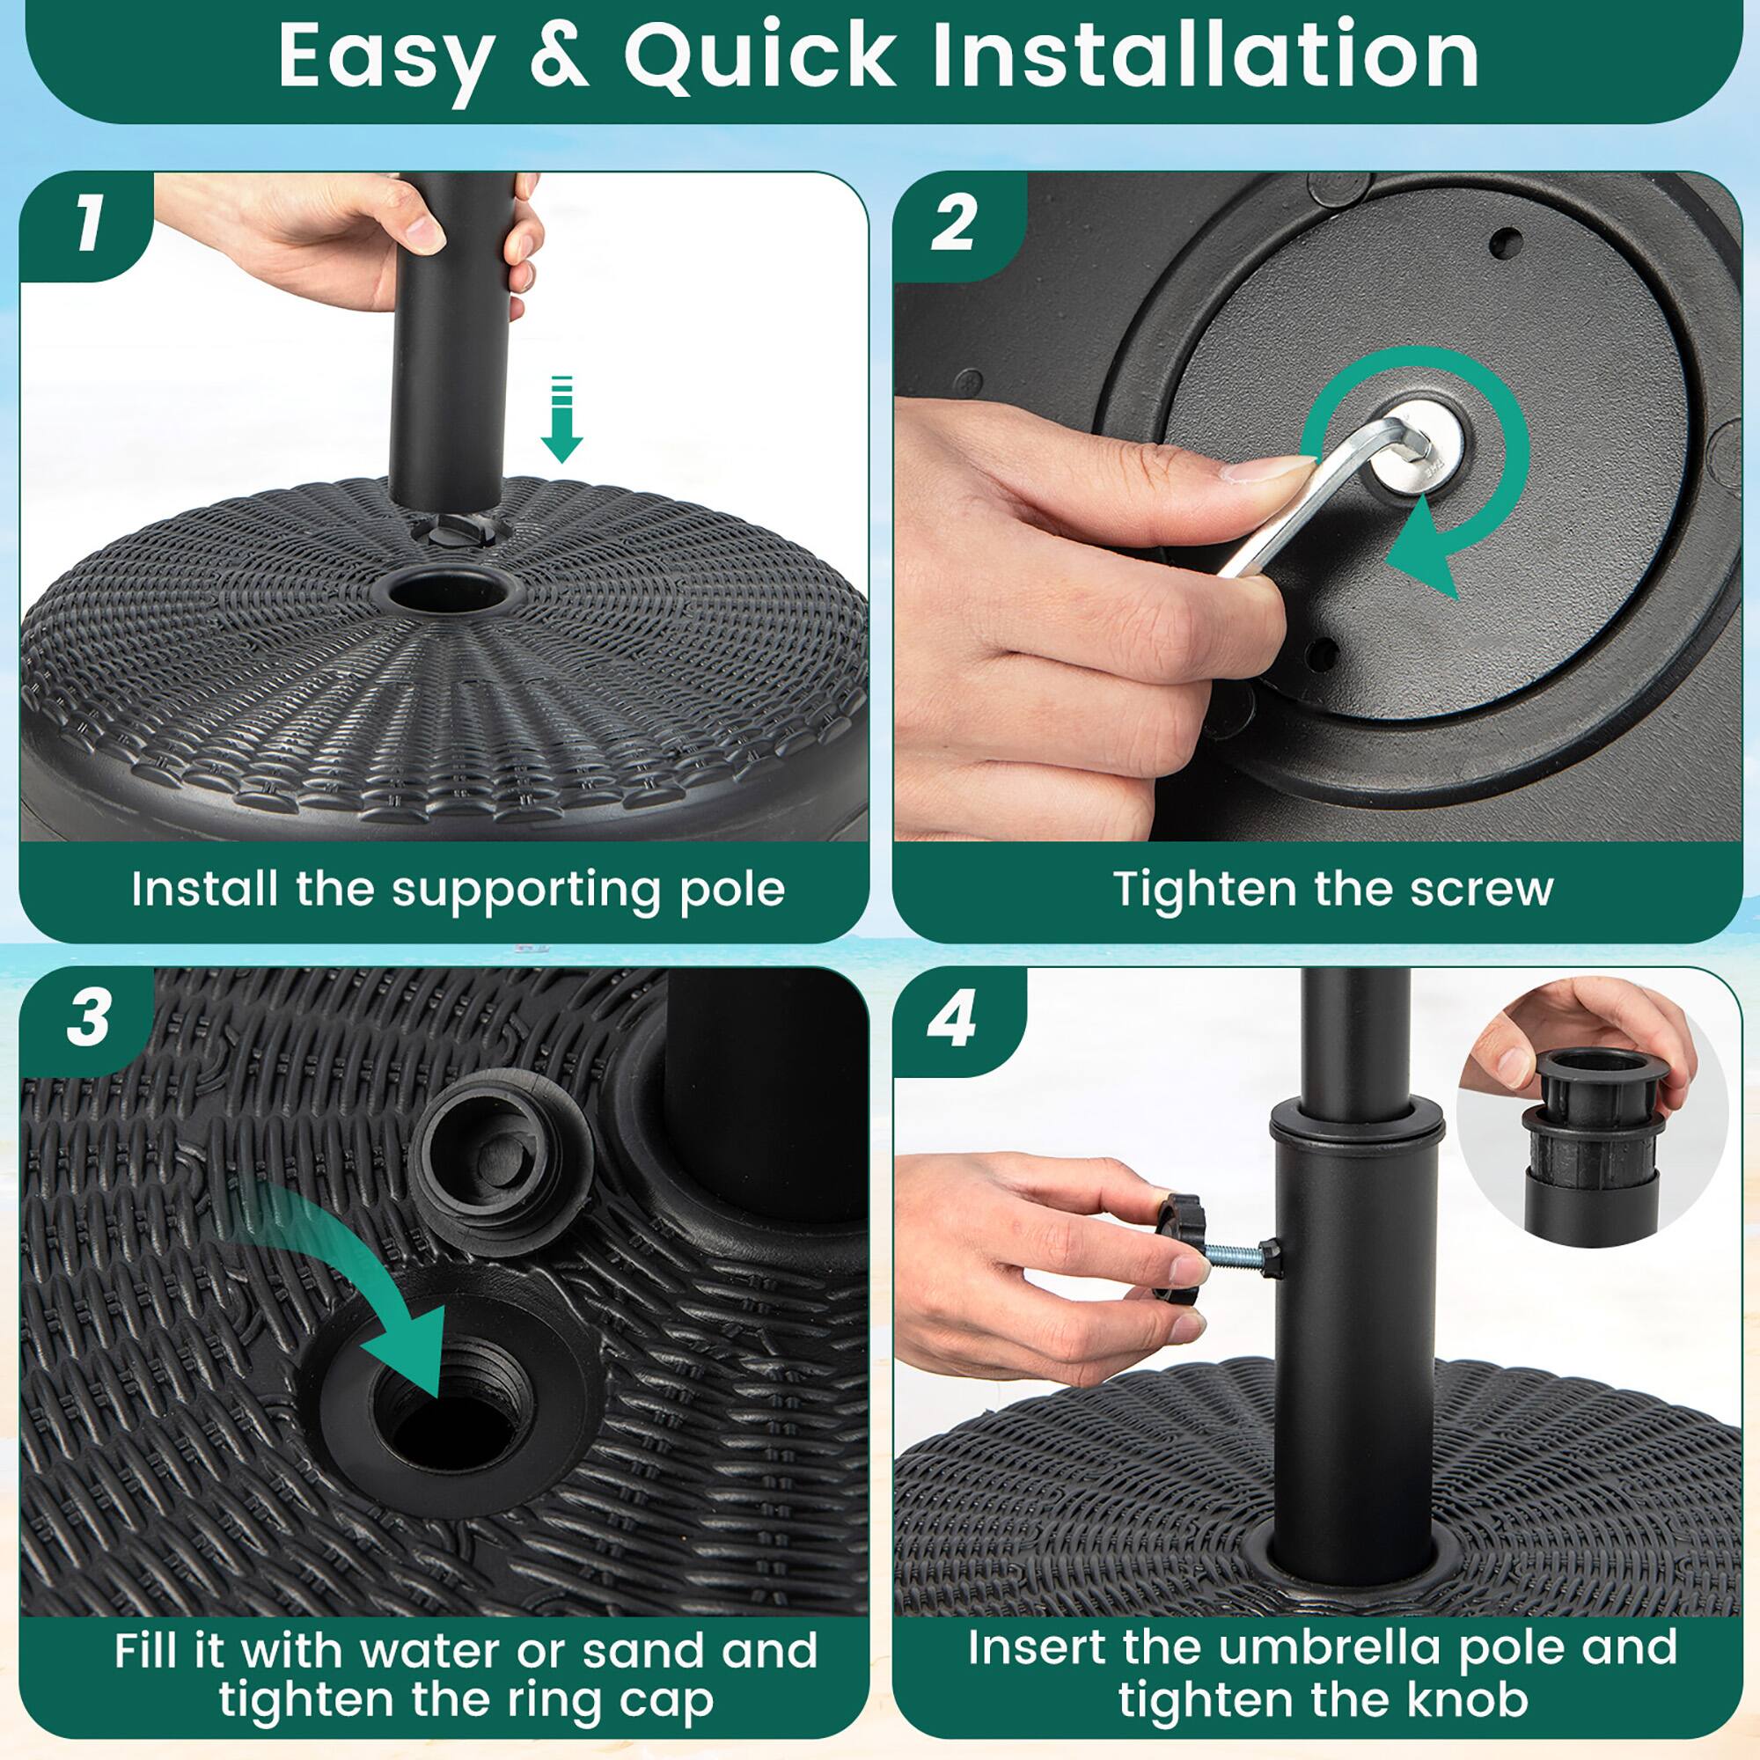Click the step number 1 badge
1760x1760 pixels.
88,225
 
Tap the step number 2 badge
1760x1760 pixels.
953,225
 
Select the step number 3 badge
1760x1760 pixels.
88,1016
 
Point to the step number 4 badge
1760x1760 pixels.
951,1019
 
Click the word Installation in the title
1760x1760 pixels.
1205,56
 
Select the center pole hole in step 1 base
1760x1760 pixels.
447,593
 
